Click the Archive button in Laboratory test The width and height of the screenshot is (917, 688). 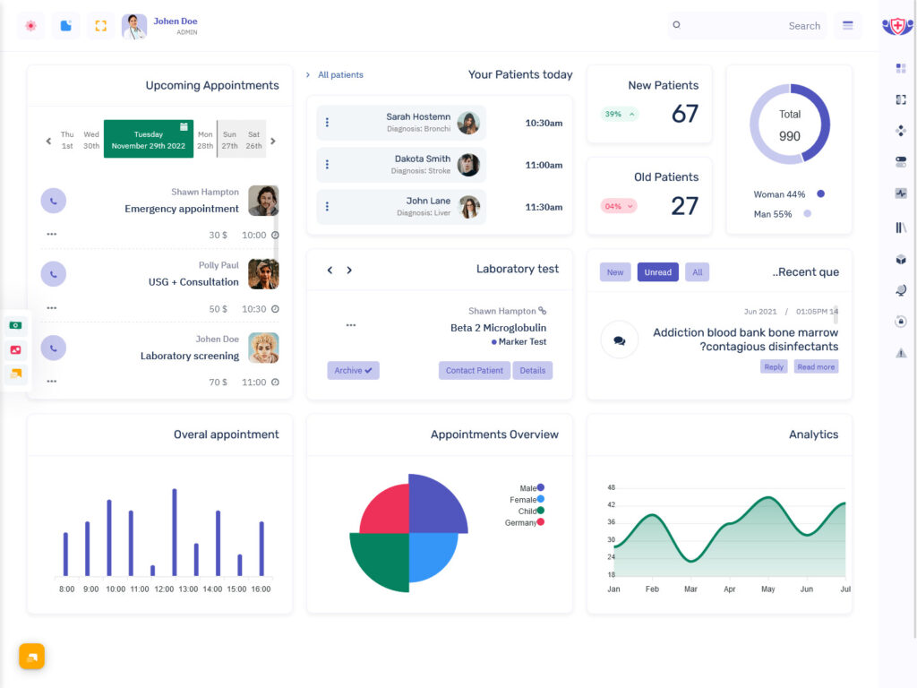point(353,370)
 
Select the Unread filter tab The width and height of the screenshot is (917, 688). point(657,272)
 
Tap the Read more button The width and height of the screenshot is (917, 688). point(816,366)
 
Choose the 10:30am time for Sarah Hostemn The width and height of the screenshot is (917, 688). point(544,123)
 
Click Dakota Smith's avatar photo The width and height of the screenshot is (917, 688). point(468,165)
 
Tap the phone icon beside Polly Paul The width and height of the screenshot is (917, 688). point(54,274)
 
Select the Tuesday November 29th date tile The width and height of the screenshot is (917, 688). point(149,140)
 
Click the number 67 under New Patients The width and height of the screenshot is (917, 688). point(684,114)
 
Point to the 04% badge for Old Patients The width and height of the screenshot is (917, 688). point(618,206)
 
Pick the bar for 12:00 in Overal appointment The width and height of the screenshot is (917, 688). point(152,570)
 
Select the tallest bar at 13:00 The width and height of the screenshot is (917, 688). point(174,532)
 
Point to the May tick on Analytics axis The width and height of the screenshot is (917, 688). point(767,589)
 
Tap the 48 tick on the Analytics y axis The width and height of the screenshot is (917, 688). point(611,487)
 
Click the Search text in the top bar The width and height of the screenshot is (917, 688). point(803,26)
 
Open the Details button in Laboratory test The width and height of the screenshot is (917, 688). point(532,370)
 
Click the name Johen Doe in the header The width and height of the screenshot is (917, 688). point(176,21)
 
